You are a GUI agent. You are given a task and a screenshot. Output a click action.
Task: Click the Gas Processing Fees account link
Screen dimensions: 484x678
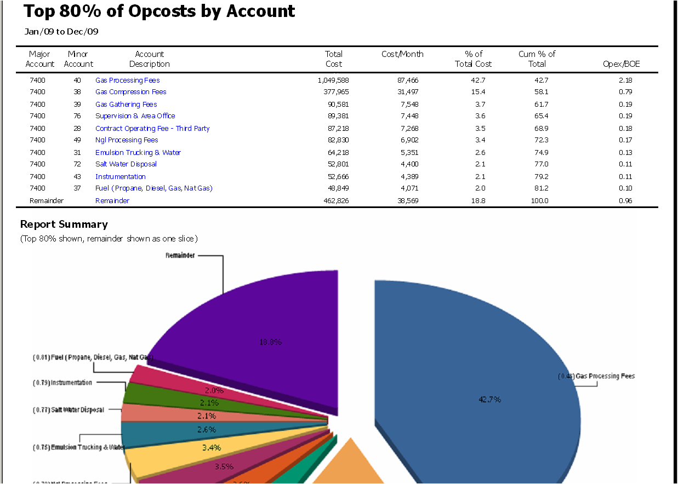(x=127, y=80)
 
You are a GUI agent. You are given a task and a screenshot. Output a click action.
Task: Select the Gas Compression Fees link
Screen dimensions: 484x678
(x=130, y=92)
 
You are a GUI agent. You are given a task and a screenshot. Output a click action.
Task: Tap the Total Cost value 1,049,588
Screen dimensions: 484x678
(x=333, y=80)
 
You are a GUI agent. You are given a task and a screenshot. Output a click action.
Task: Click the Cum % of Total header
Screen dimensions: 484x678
(x=537, y=59)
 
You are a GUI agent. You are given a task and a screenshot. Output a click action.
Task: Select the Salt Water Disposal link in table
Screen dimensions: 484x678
(x=126, y=164)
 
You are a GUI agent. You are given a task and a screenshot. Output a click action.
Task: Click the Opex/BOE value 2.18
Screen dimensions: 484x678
(x=625, y=80)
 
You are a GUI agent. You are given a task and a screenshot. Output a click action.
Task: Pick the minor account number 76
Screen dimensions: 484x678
(x=77, y=116)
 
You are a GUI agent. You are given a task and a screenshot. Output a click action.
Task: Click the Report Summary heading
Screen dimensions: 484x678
(x=64, y=224)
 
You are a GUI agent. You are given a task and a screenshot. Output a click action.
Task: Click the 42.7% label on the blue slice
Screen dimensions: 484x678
(x=489, y=400)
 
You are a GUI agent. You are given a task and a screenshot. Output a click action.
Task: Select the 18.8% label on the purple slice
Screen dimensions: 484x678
(x=270, y=342)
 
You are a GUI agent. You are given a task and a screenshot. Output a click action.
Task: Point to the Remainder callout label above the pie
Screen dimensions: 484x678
(x=180, y=256)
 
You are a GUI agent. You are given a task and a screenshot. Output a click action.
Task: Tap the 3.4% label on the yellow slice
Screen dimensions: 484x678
(x=211, y=448)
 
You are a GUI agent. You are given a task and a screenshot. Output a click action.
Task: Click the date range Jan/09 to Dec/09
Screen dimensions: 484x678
(x=61, y=32)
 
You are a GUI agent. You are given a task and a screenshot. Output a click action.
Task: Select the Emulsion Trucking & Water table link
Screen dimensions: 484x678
(x=138, y=153)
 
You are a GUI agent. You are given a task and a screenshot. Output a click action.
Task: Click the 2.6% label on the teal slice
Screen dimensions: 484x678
(x=206, y=430)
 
